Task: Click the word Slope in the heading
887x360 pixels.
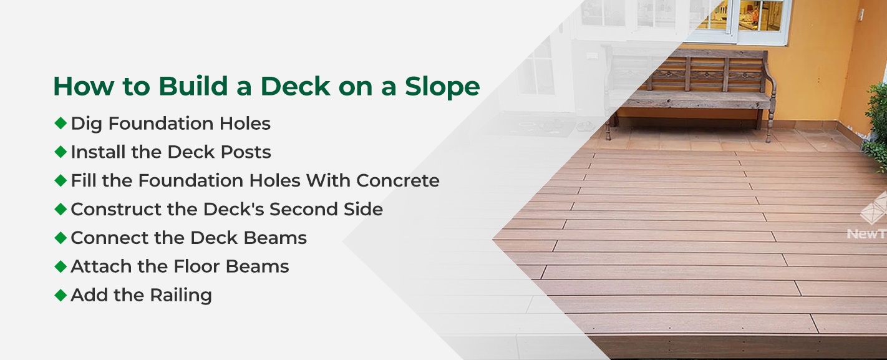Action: [440, 87]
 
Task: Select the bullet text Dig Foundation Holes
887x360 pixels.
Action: [170, 124]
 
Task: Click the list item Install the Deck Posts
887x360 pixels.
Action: [170, 152]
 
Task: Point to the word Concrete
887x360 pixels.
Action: [397, 181]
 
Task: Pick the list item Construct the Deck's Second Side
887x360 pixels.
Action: [226, 210]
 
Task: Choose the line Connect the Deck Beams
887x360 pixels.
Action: [188, 238]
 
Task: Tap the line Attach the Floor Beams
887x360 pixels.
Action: [180, 266]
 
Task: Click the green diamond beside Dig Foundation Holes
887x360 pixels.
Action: [61, 123]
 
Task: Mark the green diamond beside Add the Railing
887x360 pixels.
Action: [61, 294]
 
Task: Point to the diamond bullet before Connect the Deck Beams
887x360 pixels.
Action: [61, 237]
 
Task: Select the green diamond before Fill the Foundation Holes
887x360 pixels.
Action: [61, 180]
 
